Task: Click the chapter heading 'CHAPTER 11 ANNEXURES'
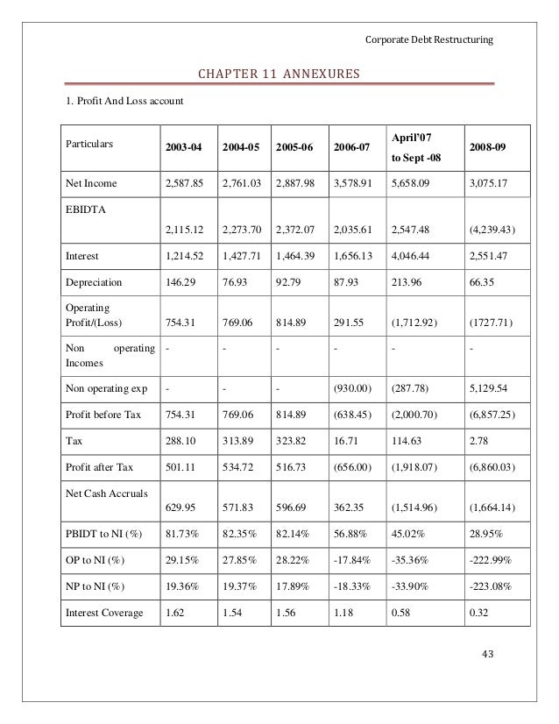pos(279,74)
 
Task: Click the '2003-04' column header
pos(184,147)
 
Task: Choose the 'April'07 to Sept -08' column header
pos(413,147)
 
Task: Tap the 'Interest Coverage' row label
pos(104,613)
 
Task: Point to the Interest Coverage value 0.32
pos(480,613)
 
